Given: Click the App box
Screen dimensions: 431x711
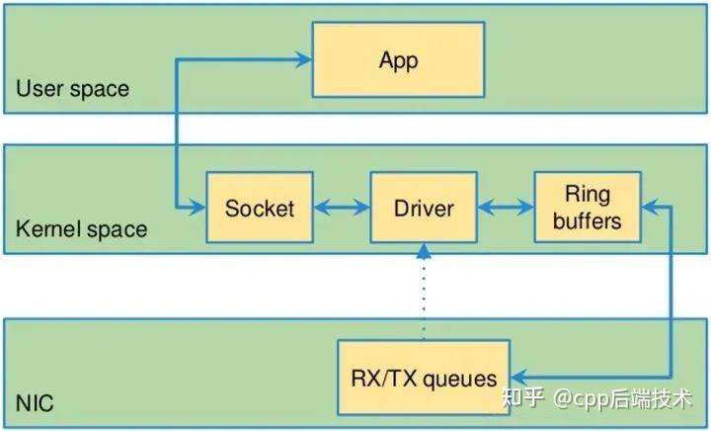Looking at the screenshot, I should click(x=398, y=60).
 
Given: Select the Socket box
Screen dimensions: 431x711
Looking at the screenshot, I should click(x=260, y=209).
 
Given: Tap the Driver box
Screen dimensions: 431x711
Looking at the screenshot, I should click(x=424, y=209).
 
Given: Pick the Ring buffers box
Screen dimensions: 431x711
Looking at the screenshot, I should click(x=587, y=207).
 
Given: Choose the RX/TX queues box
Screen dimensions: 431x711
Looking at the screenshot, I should click(x=423, y=378).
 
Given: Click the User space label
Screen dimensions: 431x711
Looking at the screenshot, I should click(x=72, y=90).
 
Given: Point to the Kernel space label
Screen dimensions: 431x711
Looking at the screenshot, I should click(x=81, y=229).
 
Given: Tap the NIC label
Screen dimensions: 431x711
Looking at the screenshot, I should click(x=35, y=404).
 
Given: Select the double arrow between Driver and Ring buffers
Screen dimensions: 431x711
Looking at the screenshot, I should click(x=506, y=209).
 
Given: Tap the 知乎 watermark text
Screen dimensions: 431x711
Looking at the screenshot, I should click(x=523, y=398).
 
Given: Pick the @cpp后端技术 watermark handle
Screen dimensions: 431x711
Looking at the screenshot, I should click(x=621, y=398).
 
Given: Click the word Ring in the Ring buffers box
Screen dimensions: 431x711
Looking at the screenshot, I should click(x=587, y=193).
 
